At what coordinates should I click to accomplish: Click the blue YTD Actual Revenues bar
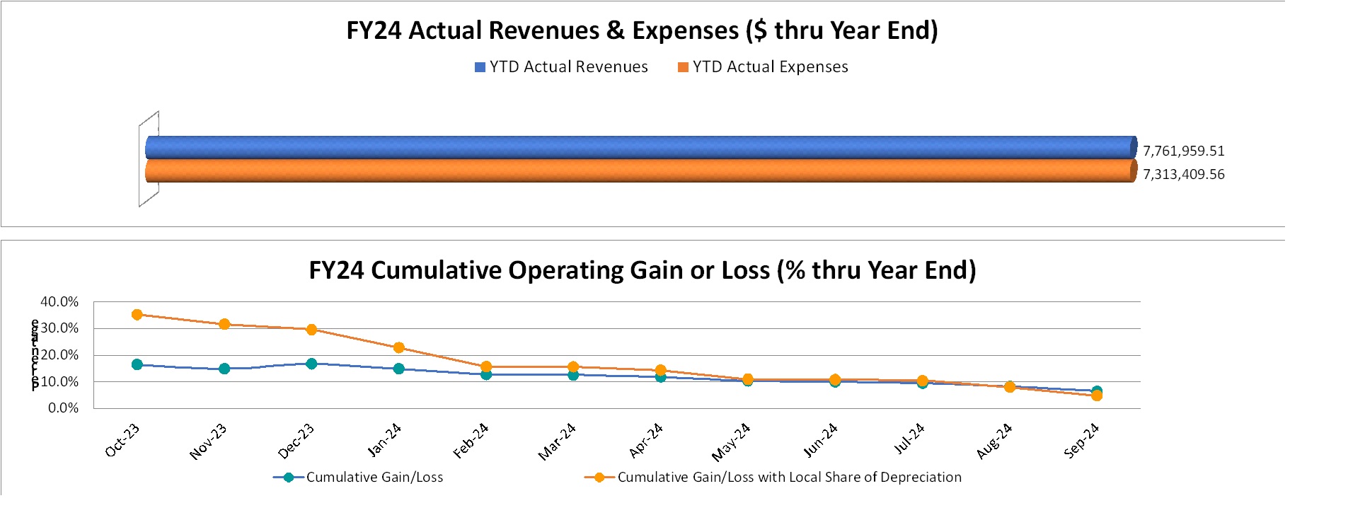637,147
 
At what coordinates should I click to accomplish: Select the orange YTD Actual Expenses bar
637,171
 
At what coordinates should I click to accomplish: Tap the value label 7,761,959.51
1183,151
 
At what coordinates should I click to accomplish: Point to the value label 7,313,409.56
1183,174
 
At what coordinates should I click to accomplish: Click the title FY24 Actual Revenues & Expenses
642,30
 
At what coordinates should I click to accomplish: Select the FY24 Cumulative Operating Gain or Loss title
642,270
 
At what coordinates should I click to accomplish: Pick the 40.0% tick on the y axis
59,301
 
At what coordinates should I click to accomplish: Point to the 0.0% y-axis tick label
63,408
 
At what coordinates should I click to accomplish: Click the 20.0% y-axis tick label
59,355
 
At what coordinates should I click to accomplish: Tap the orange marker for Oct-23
137,315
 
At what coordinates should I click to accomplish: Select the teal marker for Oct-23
137,364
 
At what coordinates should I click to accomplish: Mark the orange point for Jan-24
399,347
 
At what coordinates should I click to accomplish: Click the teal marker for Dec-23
311,364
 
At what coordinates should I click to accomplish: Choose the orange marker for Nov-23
224,324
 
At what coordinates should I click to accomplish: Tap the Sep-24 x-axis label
1081,440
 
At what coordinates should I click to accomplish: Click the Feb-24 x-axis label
471,440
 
